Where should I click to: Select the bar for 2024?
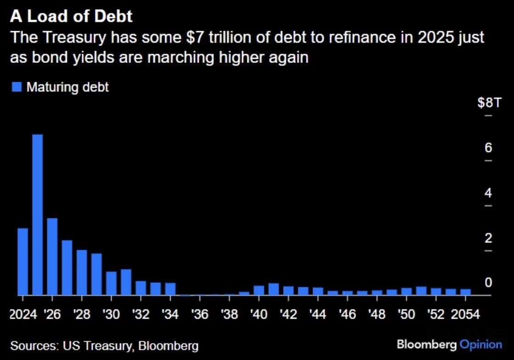[23, 262]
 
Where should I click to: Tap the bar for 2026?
[52, 257]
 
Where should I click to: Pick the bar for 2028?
[82, 273]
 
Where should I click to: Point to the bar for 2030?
[112, 283]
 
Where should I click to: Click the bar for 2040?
[259, 290]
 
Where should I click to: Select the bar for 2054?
[465, 292]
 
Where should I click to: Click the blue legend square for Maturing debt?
[17, 87]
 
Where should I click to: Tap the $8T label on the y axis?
[488, 102]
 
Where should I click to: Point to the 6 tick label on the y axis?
[488, 148]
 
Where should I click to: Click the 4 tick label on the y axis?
[488, 193]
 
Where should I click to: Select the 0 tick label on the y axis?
[488, 283]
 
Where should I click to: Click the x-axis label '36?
[200, 315]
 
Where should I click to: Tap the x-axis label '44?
[318, 315]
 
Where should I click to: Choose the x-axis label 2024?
[23, 315]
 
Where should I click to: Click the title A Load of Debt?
[71, 17]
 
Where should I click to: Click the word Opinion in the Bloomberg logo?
[481, 344]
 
